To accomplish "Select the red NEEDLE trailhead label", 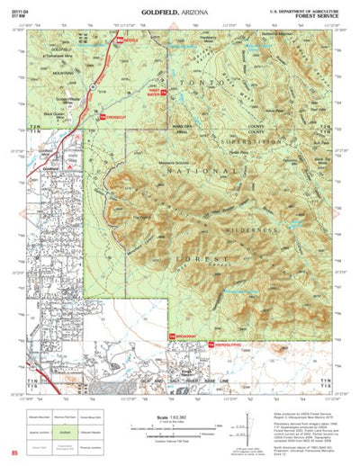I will [128, 40].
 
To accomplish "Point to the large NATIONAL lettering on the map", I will [176, 192].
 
